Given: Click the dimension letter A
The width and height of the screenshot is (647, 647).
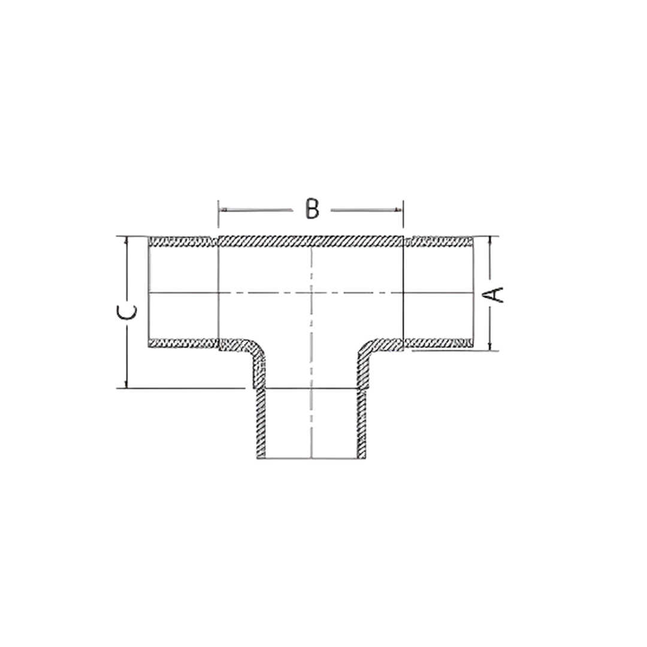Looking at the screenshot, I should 495,294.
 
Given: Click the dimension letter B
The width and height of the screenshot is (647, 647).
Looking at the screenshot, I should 311,209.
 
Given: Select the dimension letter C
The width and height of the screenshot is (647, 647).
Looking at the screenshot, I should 127,312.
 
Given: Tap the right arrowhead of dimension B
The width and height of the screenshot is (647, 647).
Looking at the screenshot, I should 398,210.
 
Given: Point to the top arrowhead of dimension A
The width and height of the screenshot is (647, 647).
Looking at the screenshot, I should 490,240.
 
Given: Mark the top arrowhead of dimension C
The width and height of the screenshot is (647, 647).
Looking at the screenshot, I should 126,240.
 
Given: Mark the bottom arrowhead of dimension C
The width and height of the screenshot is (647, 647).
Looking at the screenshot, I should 126,384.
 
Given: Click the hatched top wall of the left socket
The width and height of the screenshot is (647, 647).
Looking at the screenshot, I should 183,242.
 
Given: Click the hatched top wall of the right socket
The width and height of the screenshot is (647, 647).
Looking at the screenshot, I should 439,242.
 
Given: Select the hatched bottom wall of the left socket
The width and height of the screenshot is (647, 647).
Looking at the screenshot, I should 183,343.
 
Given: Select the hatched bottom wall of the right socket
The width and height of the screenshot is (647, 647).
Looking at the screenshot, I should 439,343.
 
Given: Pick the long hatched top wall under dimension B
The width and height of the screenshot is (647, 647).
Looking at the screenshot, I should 311,241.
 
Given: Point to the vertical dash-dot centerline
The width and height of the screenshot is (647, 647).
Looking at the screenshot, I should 312,359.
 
